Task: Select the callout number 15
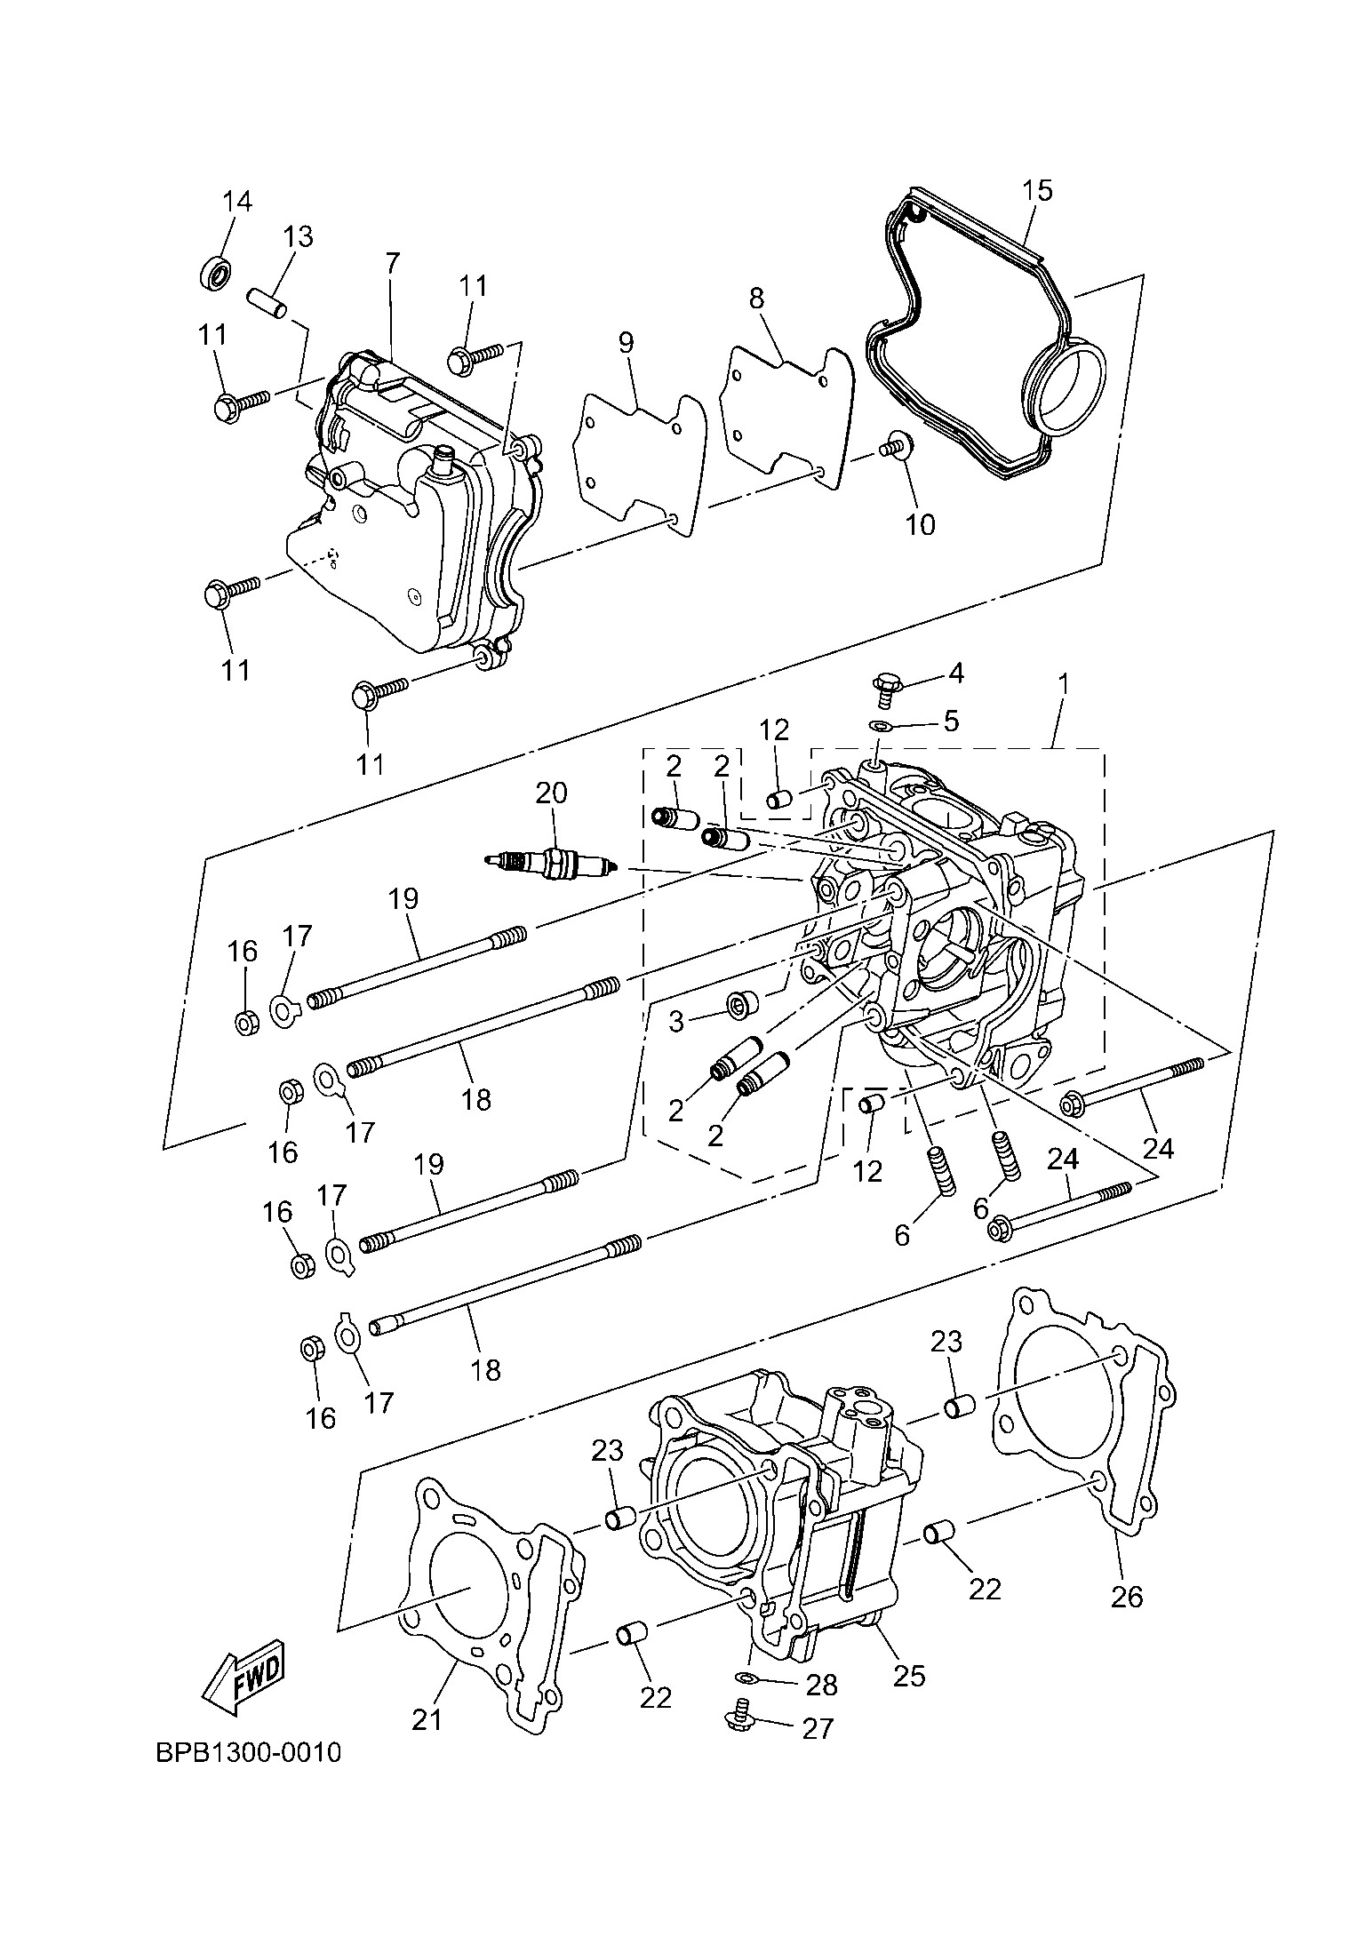(x=1037, y=191)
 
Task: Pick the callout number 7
(x=392, y=263)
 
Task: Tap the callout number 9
(x=626, y=343)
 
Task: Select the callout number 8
(x=755, y=299)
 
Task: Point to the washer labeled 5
(x=880, y=726)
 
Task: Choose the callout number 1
(x=1063, y=684)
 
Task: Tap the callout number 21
(x=427, y=1720)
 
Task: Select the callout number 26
(x=1126, y=1597)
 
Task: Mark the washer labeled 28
(x=748, y=1677)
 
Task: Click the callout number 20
(x=551, y=792)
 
